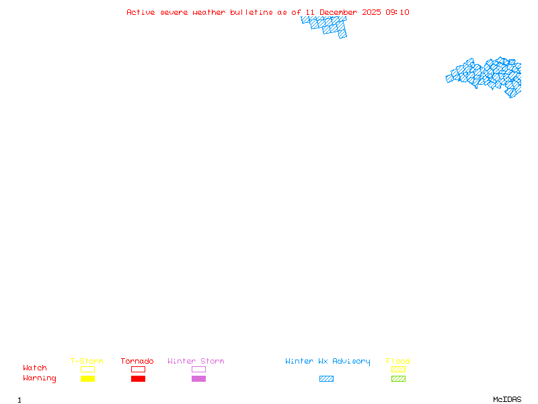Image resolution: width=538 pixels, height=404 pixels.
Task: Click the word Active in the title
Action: pyautogui.click(x=141, y=12)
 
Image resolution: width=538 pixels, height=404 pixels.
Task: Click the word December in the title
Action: pyautogui.click(x=338, y=12)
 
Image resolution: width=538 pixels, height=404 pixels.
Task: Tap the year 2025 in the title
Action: pyautogui.click(x=371, y=12)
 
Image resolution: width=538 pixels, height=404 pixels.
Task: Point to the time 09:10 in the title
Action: pyautogui.click(x=397, y=12)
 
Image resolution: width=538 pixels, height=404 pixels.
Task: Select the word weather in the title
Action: pyautogui.click(x=209, y=12)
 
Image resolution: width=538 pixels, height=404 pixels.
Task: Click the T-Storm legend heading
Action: pyautogui.click(x=87, y=362)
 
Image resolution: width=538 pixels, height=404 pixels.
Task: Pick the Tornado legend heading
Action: pyautogui.click(x=137, y=362)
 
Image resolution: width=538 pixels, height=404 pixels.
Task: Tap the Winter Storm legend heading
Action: pyautogui.click(x=196, y=362)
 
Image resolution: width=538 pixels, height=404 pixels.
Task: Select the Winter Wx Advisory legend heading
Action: pyautogui.click(x=328, y=362)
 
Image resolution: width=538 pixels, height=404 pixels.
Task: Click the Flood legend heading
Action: pyautogui.click(x=398, y=362)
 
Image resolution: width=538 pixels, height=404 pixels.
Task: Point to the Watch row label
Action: pyautogui.click(x=35, y=368)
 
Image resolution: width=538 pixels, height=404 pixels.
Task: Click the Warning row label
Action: pyautogui.click(x=40, y=378)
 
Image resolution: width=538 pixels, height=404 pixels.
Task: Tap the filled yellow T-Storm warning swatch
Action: pyautogui.click(x=87, y=379)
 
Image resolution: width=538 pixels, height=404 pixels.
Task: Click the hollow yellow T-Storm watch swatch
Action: pyautogui.click(x=87, y=369)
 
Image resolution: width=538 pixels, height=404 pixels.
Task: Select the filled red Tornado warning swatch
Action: pyautogui.click(x=138, y=379)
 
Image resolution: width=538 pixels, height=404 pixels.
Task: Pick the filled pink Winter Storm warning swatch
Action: pyautogui.click(x=198, y=379)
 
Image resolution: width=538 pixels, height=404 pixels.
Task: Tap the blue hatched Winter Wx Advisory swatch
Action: pyautogui.click(x=326, y=379)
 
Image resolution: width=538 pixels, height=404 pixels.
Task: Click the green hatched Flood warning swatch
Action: pyautogui.click(x=398, y=379)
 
